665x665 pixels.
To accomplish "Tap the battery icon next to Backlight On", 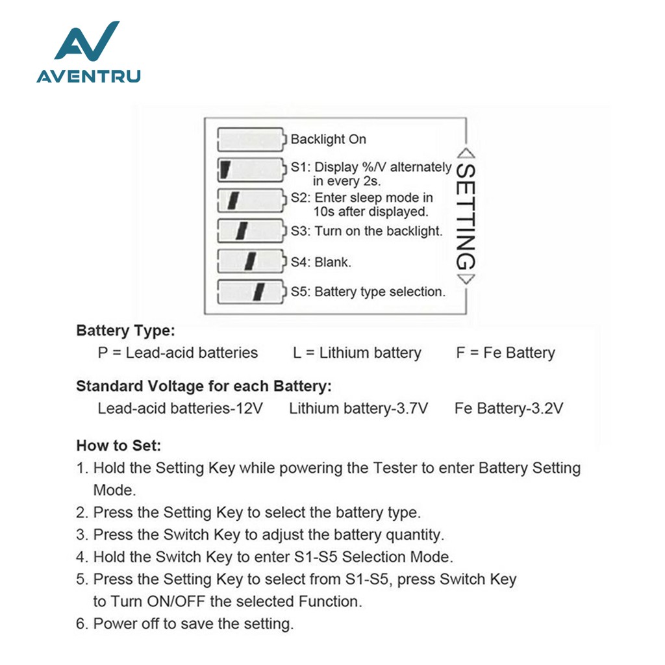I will pos(251,139).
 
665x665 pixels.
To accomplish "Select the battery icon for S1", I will pos(251,169).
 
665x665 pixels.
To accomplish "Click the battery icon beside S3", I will pos(251,230).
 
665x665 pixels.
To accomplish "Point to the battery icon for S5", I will pos(251,291).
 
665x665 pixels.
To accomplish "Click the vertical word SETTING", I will pos(466,216).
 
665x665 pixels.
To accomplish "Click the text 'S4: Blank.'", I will pos(321,262).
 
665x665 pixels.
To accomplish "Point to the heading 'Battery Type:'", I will pos(125,331).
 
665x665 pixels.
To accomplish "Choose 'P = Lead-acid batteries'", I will pos(177,353).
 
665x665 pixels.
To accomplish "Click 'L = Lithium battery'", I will pos(357,353).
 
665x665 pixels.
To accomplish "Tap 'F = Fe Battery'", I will pos(506,353).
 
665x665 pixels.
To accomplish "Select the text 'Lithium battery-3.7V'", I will pos(358,408).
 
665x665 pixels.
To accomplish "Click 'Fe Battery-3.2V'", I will pos(508,408).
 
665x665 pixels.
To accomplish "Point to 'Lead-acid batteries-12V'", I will pos(180,408).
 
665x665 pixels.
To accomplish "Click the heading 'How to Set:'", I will pos(118,445).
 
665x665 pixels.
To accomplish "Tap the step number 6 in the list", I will pos(81,624).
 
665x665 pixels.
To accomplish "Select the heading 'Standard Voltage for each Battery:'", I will pos(204,386).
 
